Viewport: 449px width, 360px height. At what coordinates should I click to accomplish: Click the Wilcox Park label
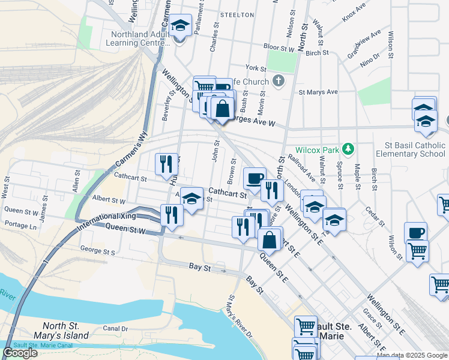tap(317, 149)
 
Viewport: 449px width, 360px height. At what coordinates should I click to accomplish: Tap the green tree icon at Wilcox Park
tap(347, 149)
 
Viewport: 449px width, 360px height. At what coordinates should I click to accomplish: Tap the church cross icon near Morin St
tap(278, 80)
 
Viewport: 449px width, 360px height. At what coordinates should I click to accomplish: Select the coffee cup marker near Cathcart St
tap(255, 178)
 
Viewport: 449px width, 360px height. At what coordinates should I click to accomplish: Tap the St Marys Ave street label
tap(318, 92)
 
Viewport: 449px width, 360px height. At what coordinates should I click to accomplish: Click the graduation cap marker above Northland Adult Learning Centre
tap(179, 26)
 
